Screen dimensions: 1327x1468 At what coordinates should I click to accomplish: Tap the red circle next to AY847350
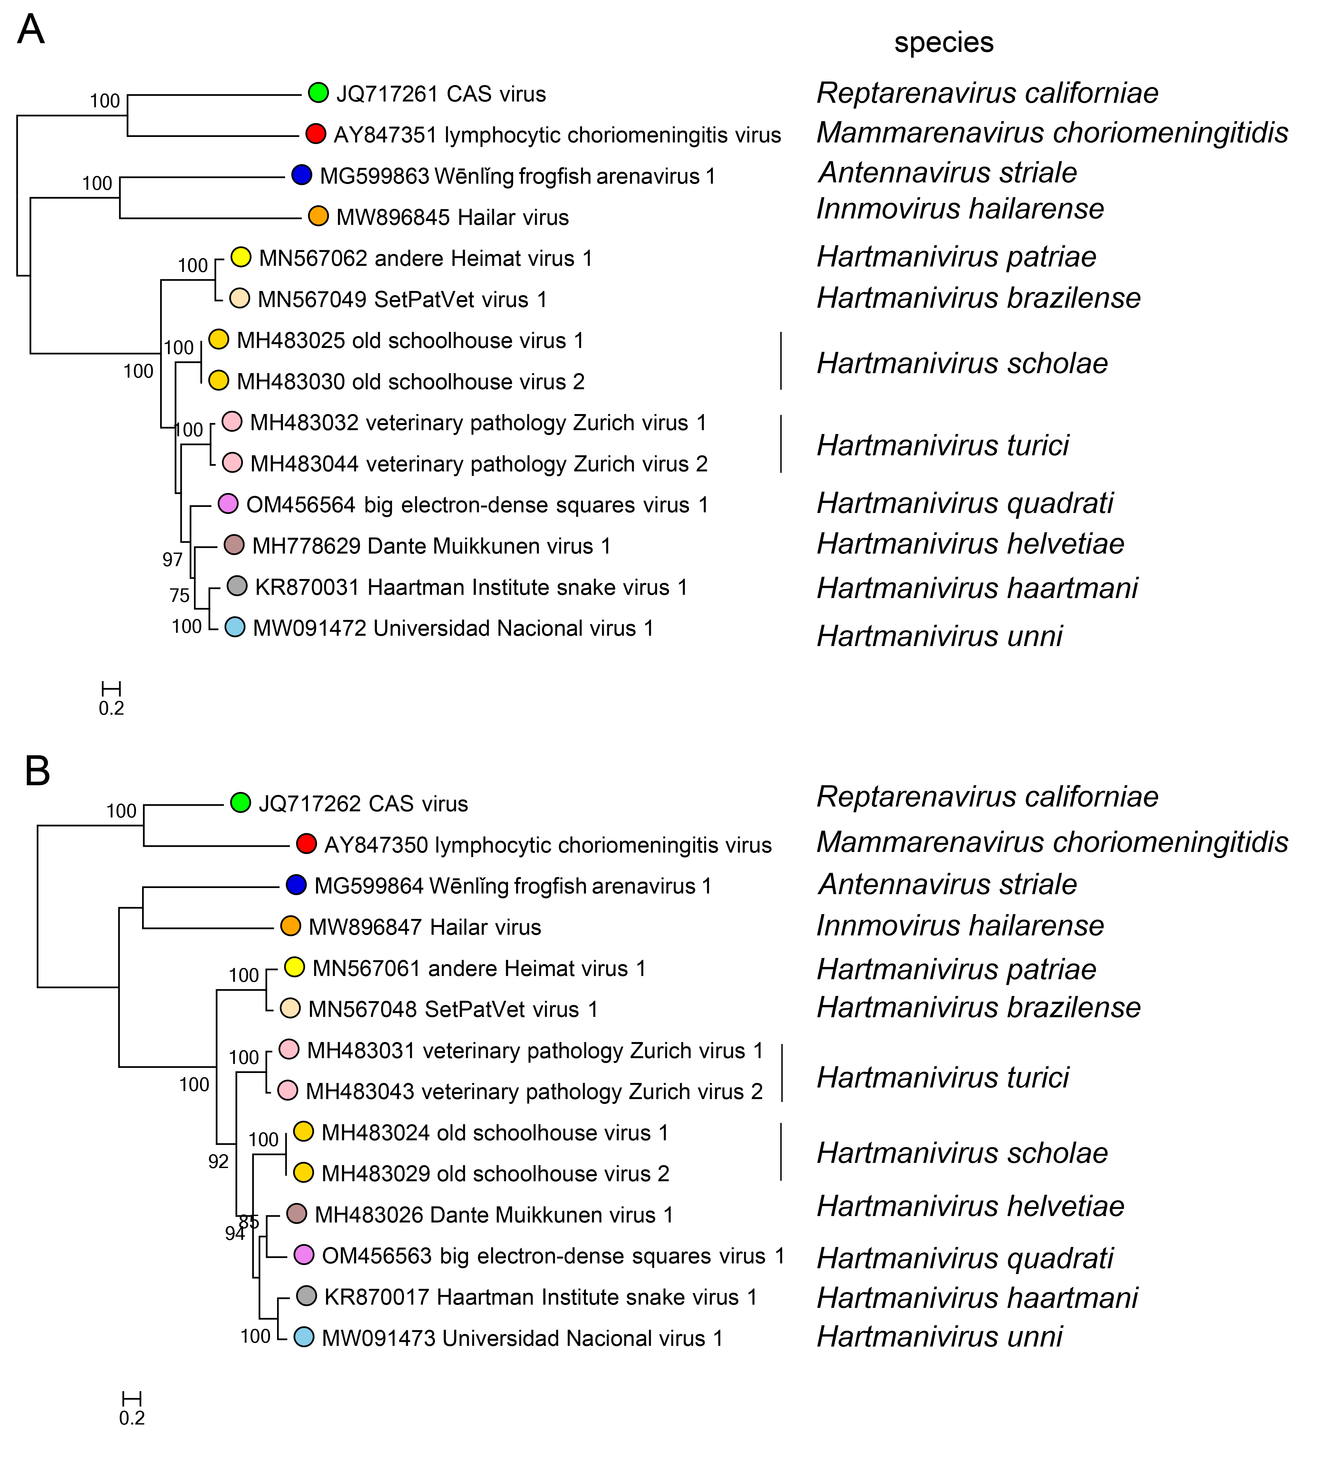point(306,844)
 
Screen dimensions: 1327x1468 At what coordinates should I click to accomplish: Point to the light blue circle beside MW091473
point(303,1337)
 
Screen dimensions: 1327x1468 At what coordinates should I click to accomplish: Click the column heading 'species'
point(943,42)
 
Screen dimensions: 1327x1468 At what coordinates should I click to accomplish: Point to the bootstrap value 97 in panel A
point(172,559)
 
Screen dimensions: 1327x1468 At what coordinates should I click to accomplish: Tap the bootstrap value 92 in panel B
point(218,1162)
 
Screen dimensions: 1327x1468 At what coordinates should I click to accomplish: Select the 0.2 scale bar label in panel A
point(111,708)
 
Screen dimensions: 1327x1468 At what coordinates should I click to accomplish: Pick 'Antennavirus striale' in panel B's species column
point(948,884)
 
